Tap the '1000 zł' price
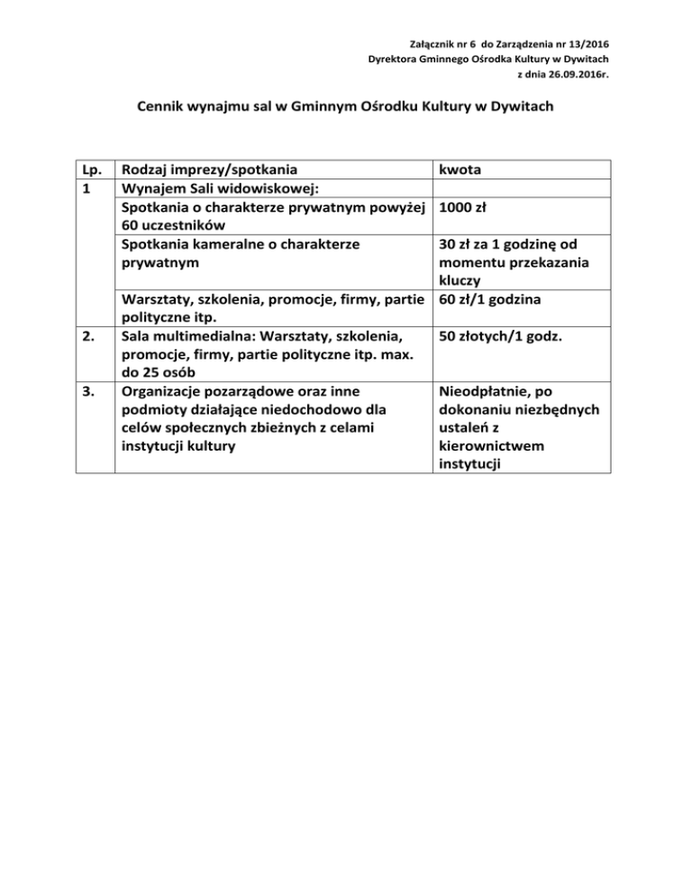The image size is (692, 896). pyautogui.click(x=463, y=206)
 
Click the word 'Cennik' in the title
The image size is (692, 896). pyautogui.click(x=166, y=107)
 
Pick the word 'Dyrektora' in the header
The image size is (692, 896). pyautogui.click(x=395, y=59)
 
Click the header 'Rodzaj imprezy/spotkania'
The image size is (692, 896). pyautogui.click(x=211, y=169)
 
